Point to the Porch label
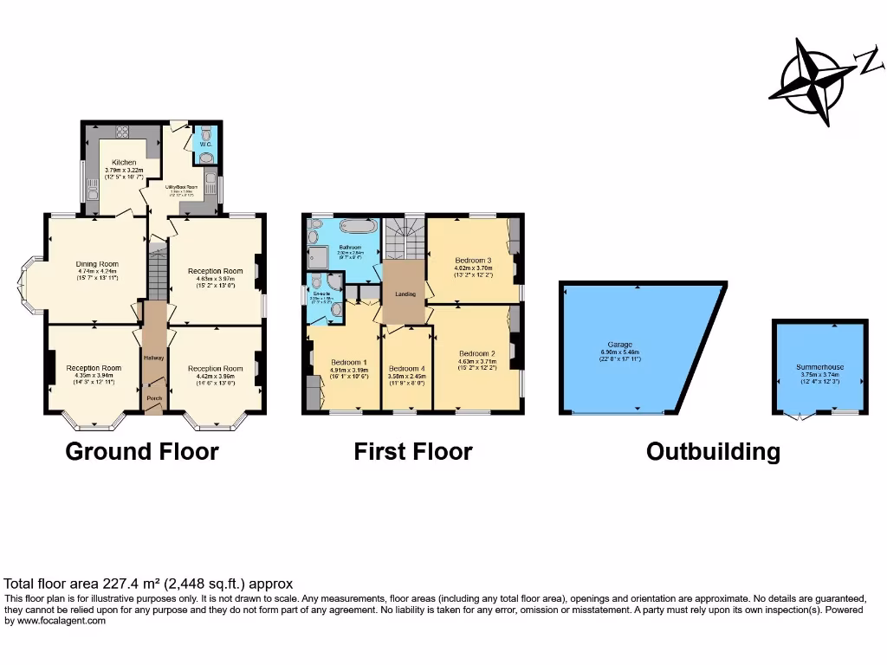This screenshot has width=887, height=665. [154, 398]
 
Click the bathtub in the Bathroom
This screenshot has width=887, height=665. [357, 228]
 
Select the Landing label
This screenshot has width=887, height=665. [405, 294]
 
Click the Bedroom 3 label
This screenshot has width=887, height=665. [473, 260]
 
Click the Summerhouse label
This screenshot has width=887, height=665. [819, 367]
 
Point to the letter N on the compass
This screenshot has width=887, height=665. [865, 61]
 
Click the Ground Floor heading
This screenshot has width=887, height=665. [142, 451]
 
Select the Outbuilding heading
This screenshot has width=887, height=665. [713, 451]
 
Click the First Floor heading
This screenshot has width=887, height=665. [413, 451]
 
